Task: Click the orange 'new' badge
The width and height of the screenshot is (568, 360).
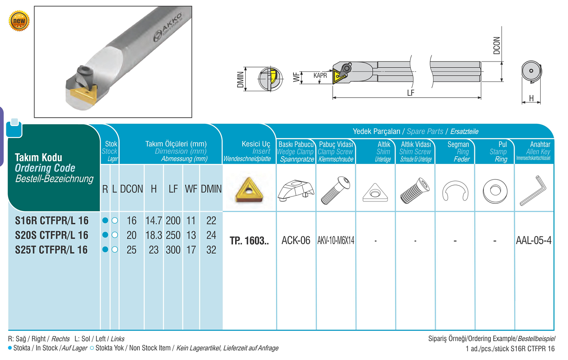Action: pos(19,21)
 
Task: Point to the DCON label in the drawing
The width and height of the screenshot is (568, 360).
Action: pos(496,45)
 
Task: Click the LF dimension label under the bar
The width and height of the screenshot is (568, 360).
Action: pos(410,93)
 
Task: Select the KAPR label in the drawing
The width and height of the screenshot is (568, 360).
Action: pos(320,75)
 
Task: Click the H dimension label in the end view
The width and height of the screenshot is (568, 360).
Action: pos(531,98)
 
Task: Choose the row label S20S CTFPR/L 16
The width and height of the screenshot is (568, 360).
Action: pos(51,235)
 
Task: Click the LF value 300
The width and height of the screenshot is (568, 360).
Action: pos(173,250)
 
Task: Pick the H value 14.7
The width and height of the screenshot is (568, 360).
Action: pos(153,220)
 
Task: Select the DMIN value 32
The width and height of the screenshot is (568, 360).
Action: pos(211,250)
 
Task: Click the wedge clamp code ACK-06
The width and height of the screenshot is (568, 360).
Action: pos(296,240)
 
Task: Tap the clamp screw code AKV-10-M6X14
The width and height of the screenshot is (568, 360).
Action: pos(336,240)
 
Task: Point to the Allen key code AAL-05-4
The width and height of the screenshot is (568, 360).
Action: pos(534,240)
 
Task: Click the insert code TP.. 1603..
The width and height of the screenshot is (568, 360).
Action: pos(249,241)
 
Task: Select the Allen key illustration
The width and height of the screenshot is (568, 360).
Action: pos(533,190)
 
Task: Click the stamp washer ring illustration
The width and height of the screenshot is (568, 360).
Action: pos(495,190)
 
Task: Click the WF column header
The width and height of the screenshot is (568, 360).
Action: pos(191,189)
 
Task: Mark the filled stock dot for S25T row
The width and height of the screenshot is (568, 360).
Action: pos(105,250)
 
